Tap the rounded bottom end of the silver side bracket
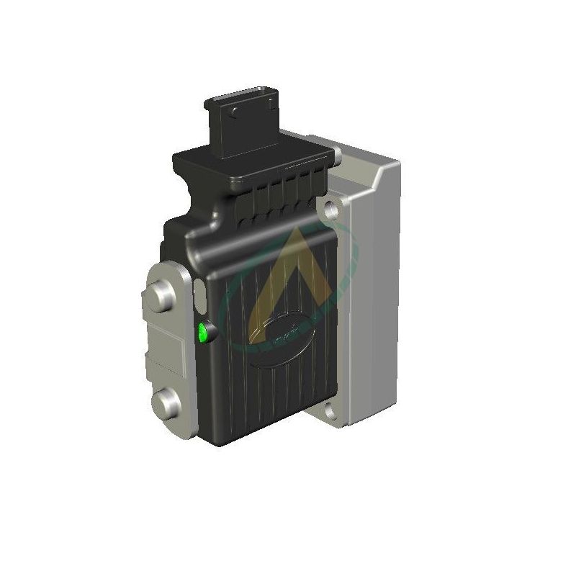[173, 429]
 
